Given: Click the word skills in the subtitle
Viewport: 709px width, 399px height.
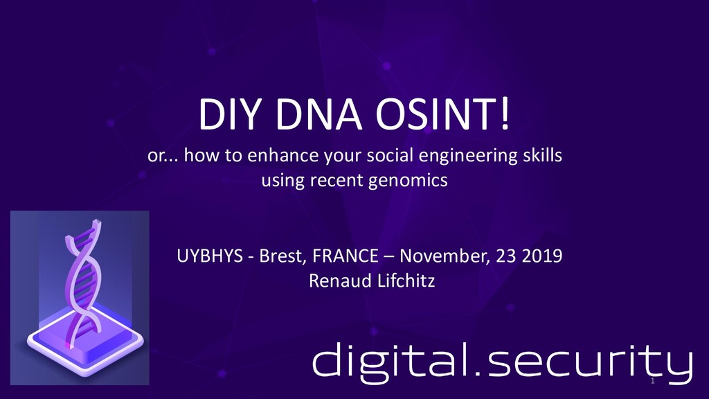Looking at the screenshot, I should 541,156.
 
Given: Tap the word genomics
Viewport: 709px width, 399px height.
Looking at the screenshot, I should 415,182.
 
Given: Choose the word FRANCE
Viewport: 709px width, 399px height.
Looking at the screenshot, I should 345,257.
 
